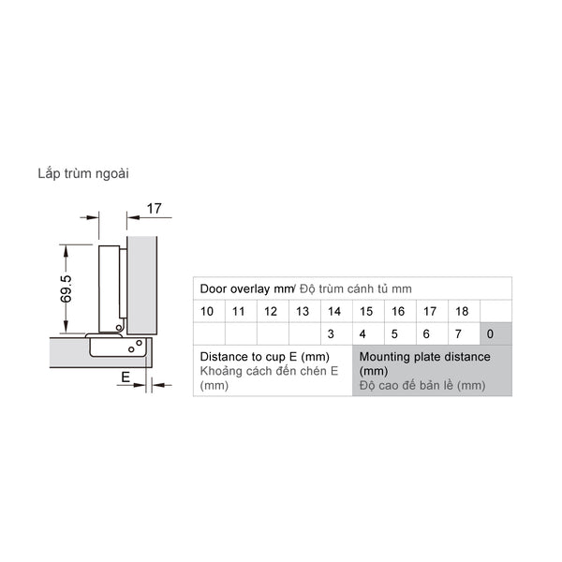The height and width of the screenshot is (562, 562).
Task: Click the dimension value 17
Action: pos(155,209)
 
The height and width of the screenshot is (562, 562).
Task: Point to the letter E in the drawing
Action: pos(124,377)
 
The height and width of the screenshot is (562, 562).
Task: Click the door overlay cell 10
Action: pos(207,311)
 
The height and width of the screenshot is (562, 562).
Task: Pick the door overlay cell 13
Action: pos(303,311)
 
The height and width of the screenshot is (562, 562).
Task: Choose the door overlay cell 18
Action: pos(462,311)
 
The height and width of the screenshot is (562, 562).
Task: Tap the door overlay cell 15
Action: pos(366,311)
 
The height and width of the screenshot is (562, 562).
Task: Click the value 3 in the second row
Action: pos(333,333)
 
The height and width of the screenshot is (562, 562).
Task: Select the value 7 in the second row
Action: pos(459,333)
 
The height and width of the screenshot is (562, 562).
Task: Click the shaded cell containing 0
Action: pos(493,333)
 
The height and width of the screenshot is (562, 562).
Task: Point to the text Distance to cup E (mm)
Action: pos(264,357)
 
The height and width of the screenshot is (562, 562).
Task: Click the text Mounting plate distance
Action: pos(424,357)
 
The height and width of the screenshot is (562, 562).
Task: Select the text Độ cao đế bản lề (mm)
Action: pos(421,385)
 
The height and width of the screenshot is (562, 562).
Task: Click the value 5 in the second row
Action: pos(395,333)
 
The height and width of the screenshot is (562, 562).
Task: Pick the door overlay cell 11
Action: pos(239,311)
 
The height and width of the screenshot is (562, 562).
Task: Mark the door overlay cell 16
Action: pos(398,311)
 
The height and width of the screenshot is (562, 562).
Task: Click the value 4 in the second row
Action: pos(364,333)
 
